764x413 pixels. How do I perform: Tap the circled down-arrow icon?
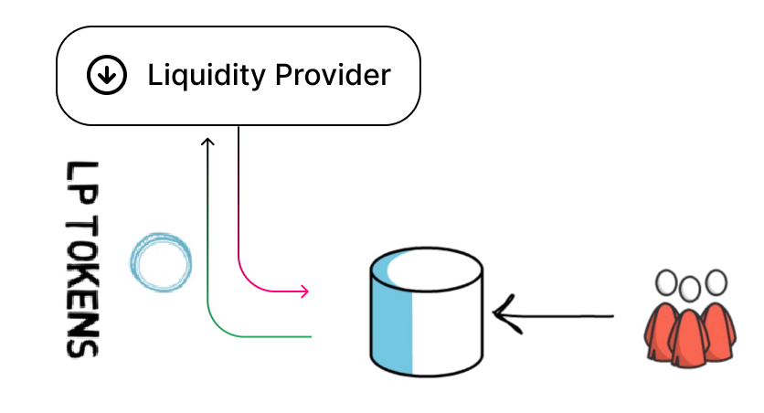click(x=107, y=76)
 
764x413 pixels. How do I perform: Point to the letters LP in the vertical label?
click(x=82, y=186)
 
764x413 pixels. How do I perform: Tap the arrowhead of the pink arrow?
click(x=304, y=291)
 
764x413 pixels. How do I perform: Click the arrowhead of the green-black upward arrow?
click(x=208, y=142)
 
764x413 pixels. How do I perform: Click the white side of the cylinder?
click(x=448, y=320)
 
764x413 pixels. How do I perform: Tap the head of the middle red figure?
click(x=687, y=288)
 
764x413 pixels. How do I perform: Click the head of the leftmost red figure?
click(x=666, y=281)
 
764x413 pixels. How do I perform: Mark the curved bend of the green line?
click(x=218, y=326)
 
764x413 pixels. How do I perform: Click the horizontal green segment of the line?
click(x=274, y=336)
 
